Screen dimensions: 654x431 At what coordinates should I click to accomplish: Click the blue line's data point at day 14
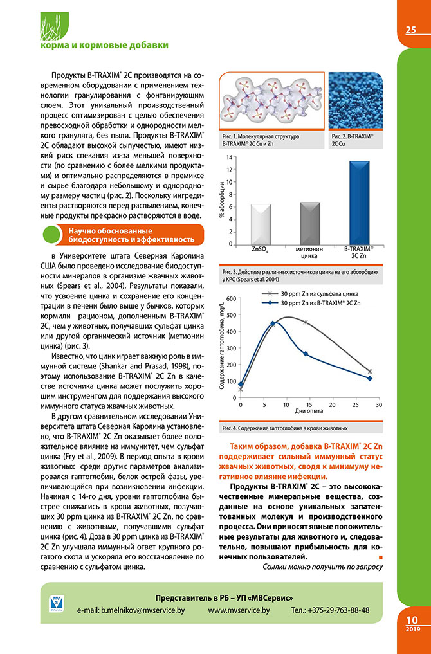(x=306, y=354)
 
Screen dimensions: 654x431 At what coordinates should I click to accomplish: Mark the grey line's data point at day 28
(x=370, y=371)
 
